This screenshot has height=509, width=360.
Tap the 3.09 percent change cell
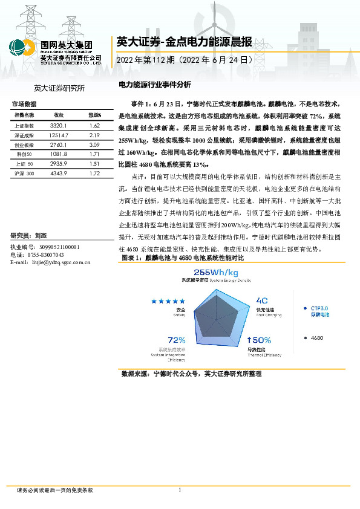(94, 146)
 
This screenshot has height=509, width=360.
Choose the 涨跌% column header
(94, 115)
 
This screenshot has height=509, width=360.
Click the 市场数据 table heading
(24, 104)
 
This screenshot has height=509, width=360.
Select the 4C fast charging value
(262, 300)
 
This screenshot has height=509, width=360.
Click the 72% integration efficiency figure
(176, 340)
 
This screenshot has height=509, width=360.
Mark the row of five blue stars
(168, 301)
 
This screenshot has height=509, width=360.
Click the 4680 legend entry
(316, 338)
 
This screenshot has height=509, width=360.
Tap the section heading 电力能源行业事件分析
(154, 85)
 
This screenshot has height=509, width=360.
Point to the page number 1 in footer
(180, 489)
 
